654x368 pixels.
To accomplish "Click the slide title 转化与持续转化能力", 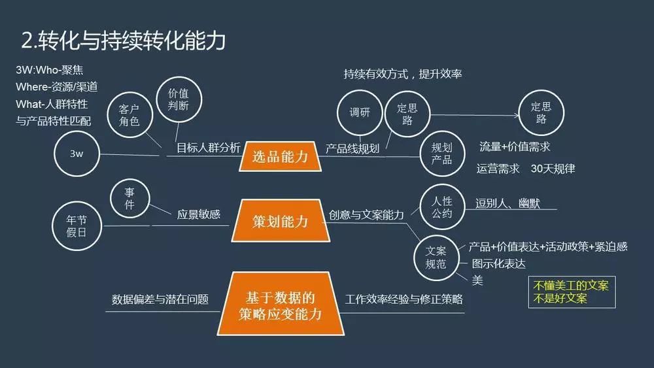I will (x=124, y=41).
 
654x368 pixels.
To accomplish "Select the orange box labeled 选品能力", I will (x=280, y=157).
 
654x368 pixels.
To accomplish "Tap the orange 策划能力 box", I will (x=280, y=222).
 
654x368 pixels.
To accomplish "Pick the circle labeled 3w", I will (x=76, y=154).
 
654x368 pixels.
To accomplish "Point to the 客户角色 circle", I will (x=129, y=114).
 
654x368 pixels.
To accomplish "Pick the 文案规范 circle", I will (x=436, y=258).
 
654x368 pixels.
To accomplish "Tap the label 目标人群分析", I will (x=208, y=148).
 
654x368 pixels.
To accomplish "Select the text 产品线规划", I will (x=353, y=148).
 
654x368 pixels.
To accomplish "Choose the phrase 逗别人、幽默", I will (x=508, y=203).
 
